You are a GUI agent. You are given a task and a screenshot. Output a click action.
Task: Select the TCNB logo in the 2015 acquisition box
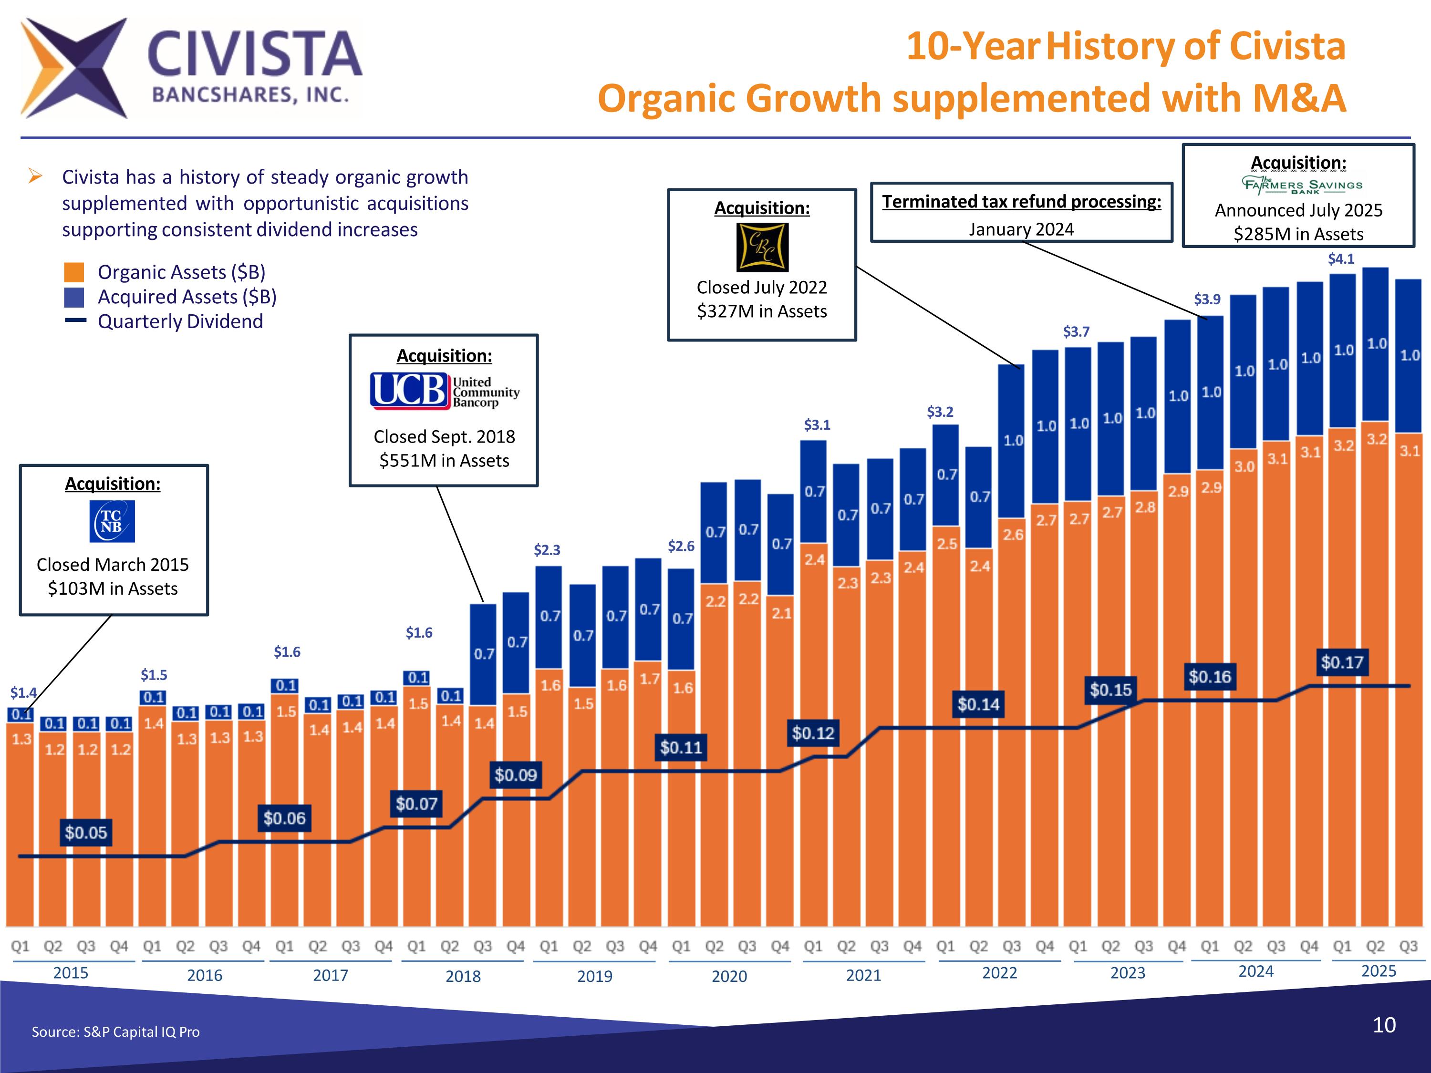[112, 521]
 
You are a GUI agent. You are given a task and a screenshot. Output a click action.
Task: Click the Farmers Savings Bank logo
[1302, 185]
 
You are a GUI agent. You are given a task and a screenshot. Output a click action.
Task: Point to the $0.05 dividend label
[85, 832]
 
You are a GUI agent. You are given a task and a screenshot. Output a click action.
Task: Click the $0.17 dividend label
[1342, 662]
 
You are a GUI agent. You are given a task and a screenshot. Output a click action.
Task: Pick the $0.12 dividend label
[813, 733]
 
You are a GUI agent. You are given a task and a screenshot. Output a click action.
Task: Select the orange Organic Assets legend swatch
[74, 272]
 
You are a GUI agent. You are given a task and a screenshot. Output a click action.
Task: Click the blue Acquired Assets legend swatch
[74, 297]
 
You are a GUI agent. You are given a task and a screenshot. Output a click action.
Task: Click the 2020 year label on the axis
[729, 976]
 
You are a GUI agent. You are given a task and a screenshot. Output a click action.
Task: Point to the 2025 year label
[1379, 971]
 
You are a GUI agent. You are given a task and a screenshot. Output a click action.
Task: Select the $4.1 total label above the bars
[1341, 258]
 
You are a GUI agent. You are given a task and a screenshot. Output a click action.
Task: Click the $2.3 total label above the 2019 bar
[547, 550]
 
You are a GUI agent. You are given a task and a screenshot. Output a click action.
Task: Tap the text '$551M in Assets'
[445, 461]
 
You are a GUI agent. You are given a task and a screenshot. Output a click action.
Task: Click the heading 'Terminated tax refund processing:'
[1022, 202]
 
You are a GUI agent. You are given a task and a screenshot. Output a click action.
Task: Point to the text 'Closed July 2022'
[761, 287]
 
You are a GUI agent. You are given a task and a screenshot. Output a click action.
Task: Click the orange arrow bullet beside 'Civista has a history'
[36, 176]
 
